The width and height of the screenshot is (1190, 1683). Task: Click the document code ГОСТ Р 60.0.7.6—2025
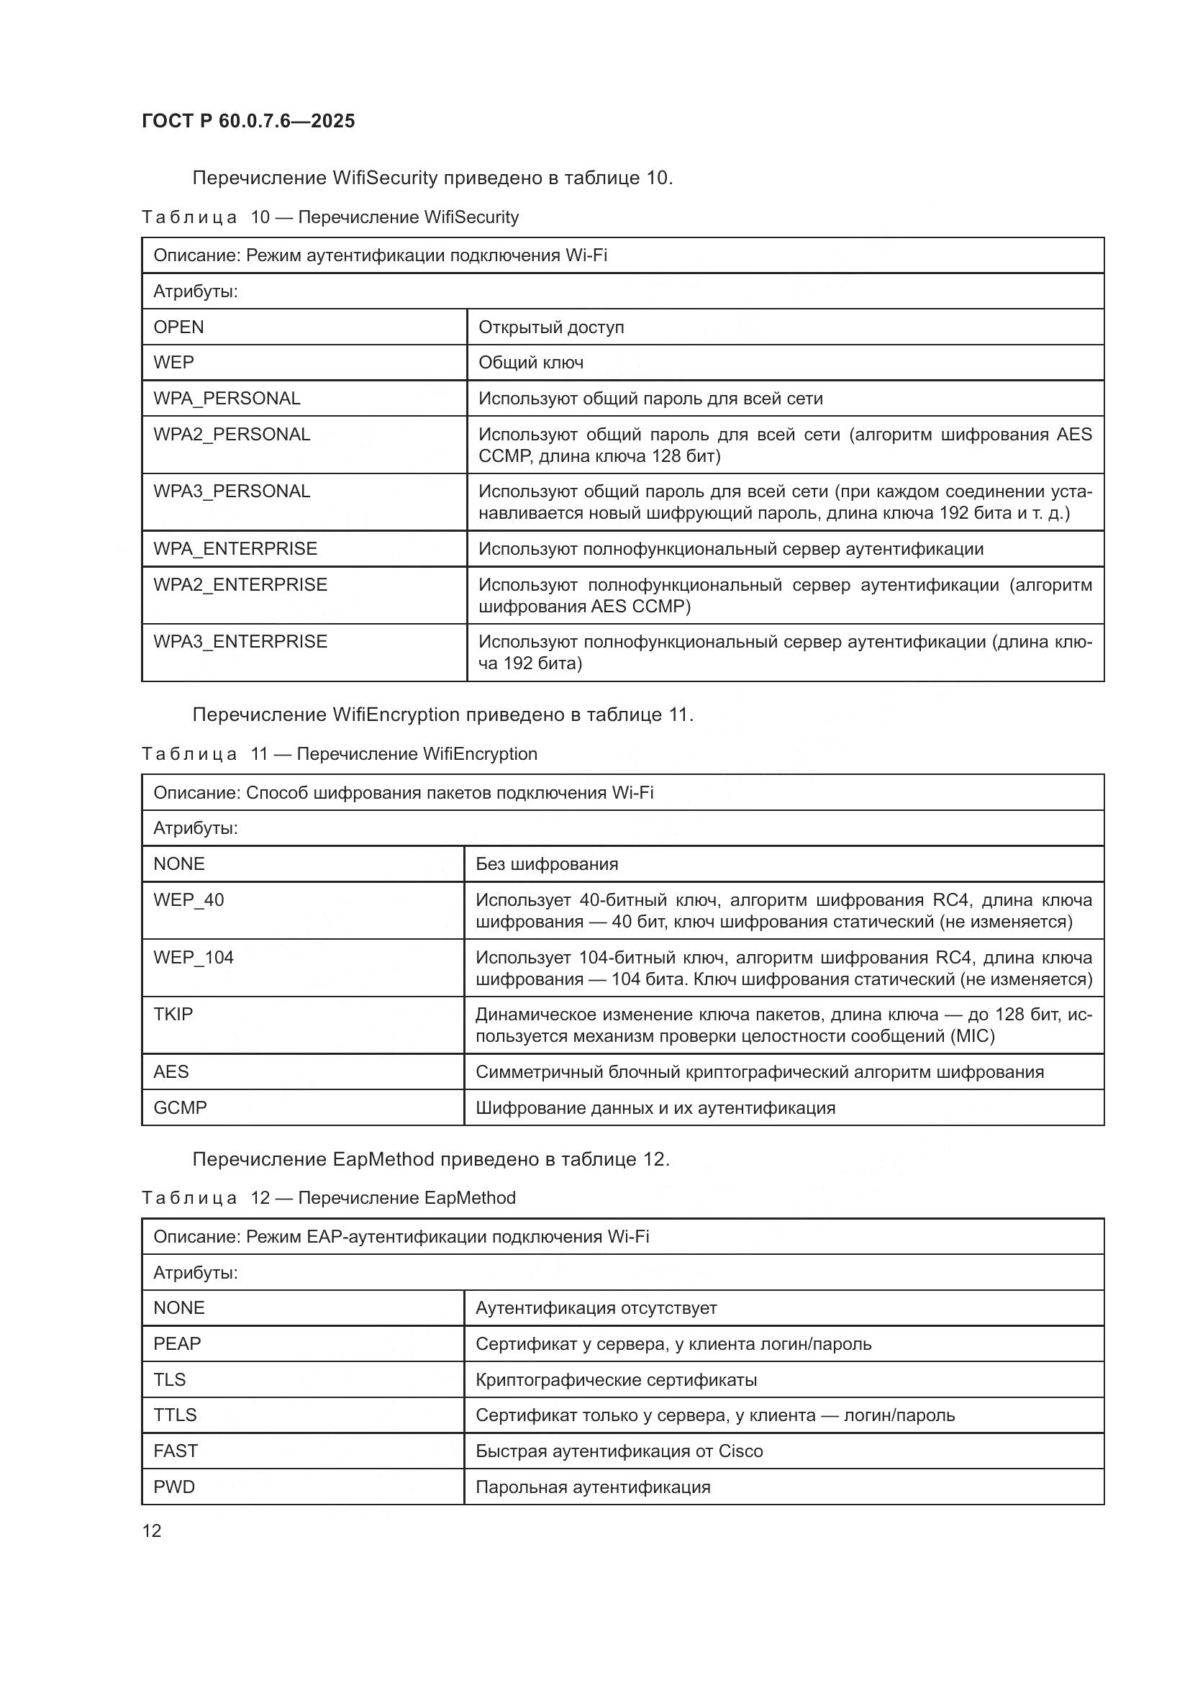click(x=248, y=121)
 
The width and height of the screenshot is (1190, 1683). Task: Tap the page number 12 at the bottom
click(x=152, y=1530)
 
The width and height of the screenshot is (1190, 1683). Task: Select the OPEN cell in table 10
click(x=179, y=327)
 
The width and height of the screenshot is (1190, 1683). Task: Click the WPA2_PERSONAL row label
click(x=232, y=434)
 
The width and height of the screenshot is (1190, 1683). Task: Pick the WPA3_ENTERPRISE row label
click(x=240, y=641)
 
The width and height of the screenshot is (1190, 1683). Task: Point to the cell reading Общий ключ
click(x=531, y=362)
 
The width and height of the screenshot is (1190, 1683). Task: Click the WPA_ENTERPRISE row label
click(x=235, y=548)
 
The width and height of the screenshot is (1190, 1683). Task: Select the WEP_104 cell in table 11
click(x=194, y=957)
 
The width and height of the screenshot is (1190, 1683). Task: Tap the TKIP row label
click(x=173, y=1014)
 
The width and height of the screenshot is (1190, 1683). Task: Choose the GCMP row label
click(x=181, y=1107)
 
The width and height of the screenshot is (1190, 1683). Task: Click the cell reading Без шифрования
click(x=547, y=863)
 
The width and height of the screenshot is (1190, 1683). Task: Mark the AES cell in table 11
click(x=171, y=1071)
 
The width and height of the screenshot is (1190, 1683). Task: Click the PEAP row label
click(x=176, y=1343)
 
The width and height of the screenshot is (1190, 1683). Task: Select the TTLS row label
click(x=175, y=1415)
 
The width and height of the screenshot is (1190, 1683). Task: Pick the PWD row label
click(x=173, y=1487)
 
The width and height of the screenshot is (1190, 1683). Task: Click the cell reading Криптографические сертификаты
click(x=617, y=1379)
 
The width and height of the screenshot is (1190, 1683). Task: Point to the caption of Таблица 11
click(x=340, y=753)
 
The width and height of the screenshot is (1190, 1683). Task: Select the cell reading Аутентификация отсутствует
click(x=596, y=1307)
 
